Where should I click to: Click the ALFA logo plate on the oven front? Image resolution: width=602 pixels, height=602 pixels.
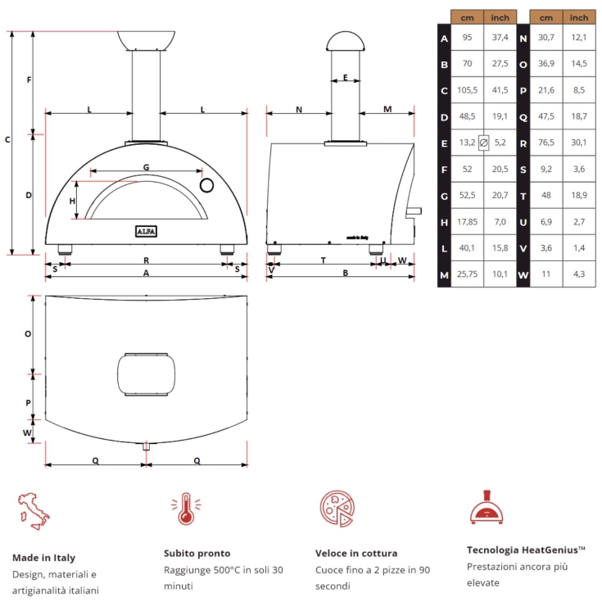146,231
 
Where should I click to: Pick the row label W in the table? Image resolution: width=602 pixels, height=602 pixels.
523,274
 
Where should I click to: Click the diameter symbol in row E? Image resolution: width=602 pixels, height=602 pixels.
483,143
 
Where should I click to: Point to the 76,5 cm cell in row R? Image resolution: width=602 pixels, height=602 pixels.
546,143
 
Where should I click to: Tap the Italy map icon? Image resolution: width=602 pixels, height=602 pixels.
33,509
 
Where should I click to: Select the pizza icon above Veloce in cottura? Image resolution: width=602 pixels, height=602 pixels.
335,509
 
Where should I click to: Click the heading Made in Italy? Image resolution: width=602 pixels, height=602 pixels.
43,557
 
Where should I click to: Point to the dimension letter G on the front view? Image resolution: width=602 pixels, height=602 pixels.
146,167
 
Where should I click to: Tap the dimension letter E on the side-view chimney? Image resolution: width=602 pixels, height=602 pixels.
345,78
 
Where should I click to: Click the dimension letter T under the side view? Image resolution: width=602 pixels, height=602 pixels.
324,260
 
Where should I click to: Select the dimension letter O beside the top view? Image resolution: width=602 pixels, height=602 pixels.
28,334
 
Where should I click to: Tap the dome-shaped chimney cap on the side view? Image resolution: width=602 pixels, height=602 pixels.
345,40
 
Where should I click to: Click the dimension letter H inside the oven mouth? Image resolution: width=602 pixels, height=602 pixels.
72,201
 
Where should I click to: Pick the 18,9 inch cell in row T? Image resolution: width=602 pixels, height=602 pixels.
578,196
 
